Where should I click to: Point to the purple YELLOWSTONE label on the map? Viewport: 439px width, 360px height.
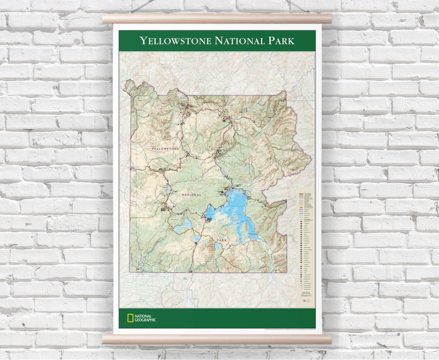(165, 149)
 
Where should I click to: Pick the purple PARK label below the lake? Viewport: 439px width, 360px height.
(221, 240)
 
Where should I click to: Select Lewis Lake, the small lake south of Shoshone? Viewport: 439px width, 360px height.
(196, 239)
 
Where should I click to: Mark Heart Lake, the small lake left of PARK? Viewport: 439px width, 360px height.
(218, 246)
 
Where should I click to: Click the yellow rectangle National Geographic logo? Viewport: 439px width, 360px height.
(131, 318)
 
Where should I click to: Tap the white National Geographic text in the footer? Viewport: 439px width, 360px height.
(145, 318)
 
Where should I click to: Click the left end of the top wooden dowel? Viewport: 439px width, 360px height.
(105, 19)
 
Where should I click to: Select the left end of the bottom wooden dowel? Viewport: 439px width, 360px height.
(105, 339)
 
